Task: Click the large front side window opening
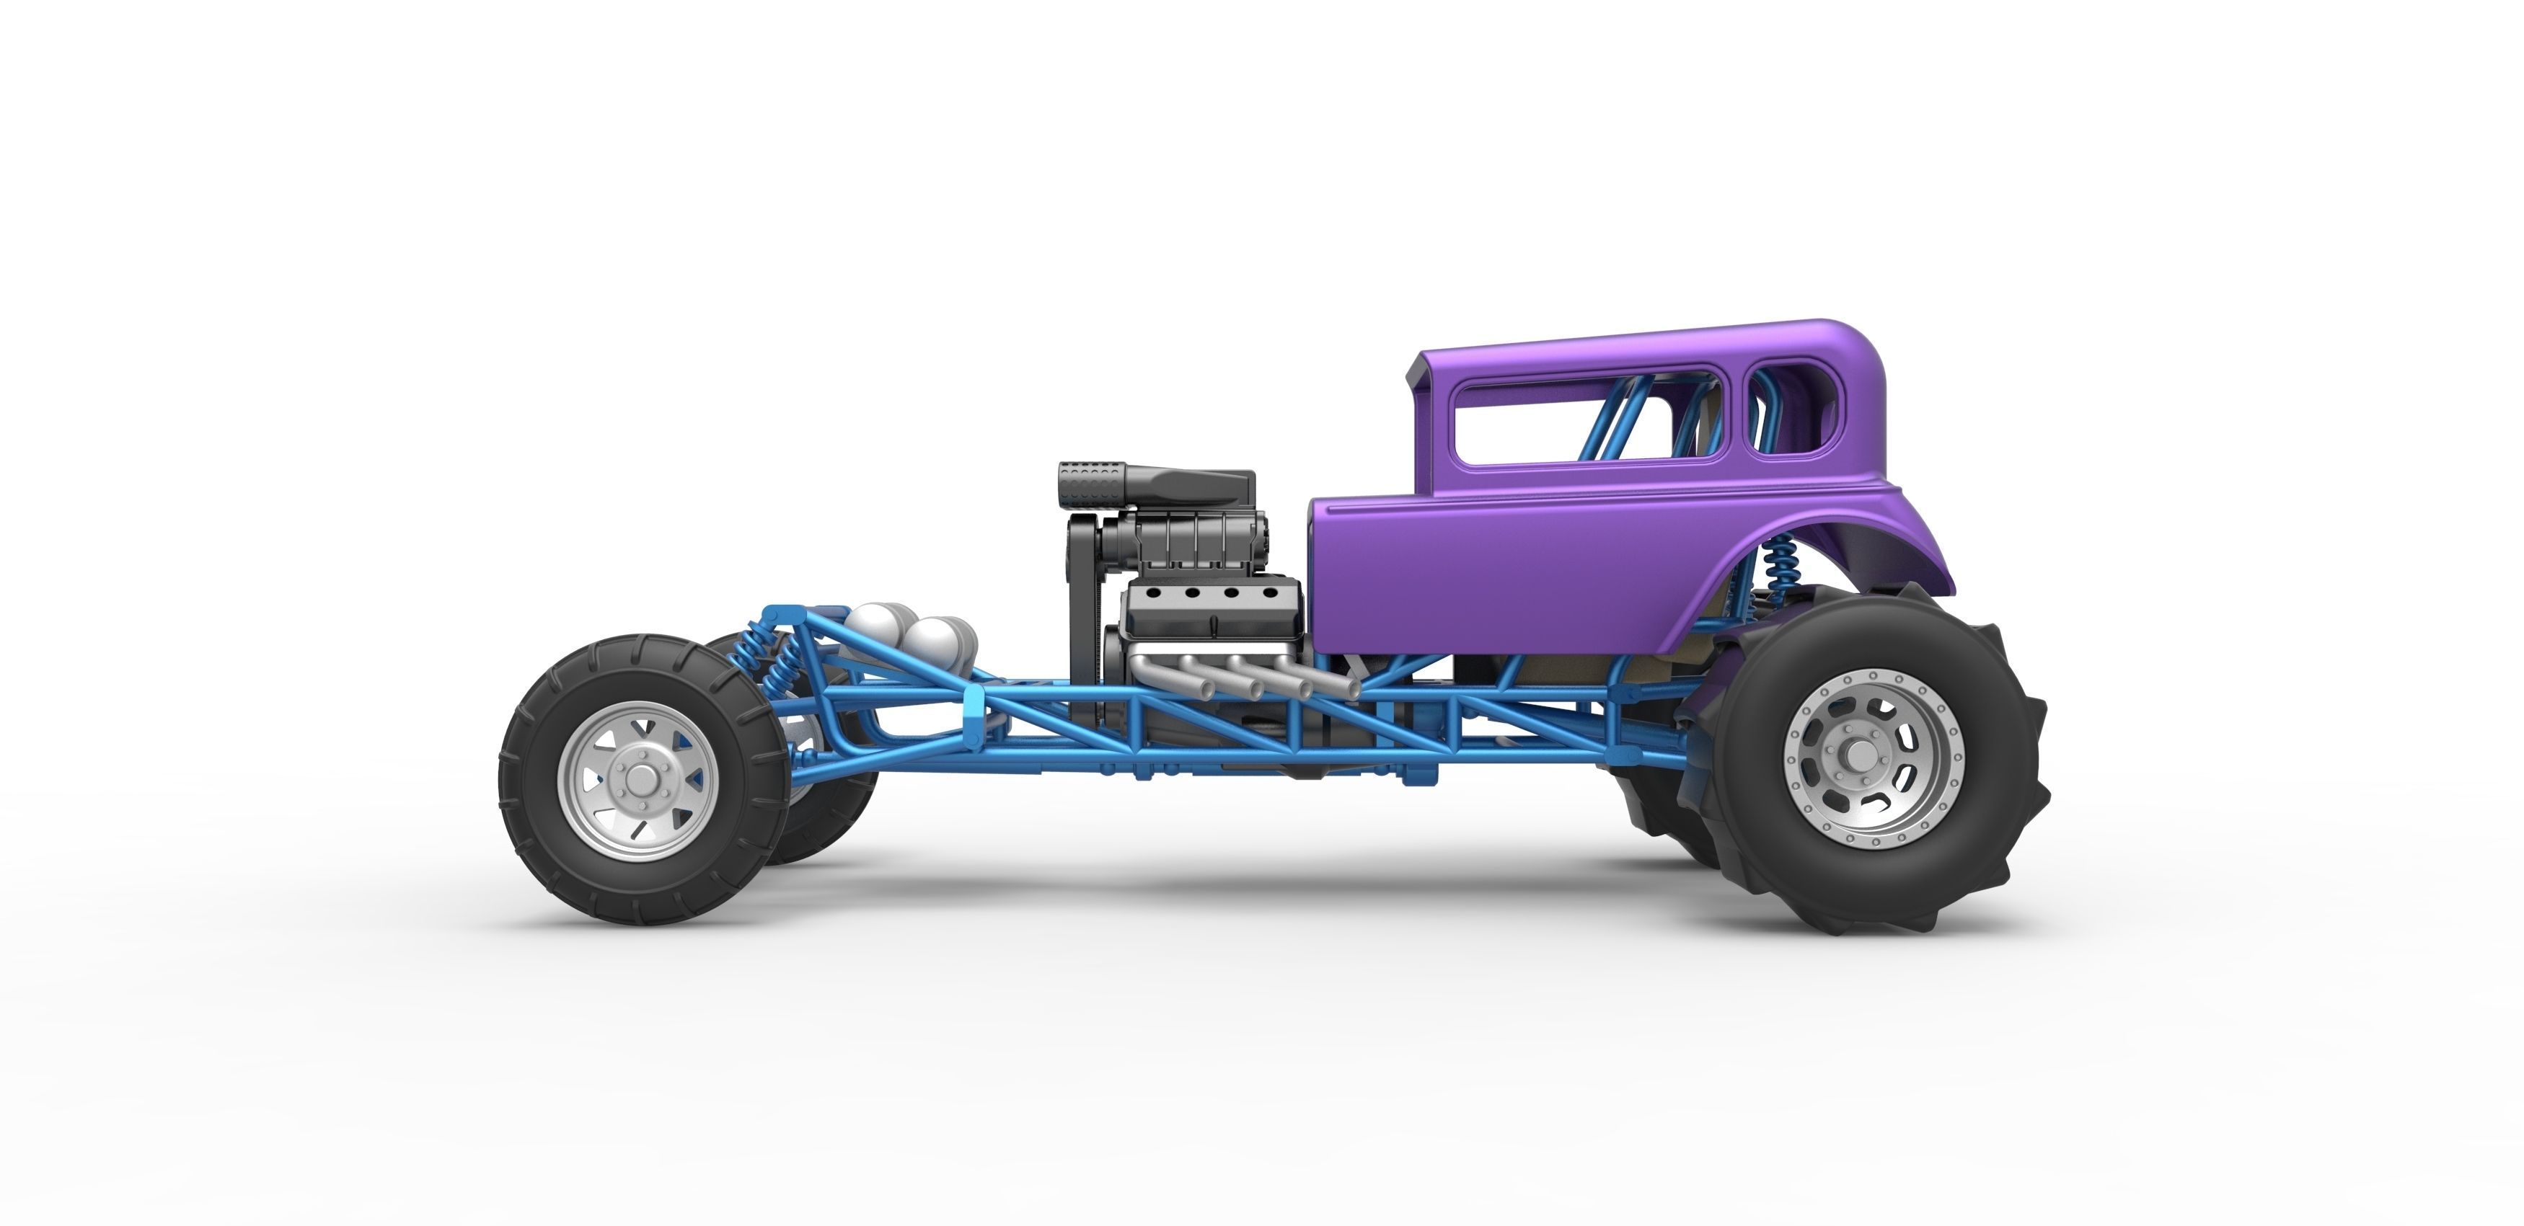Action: click(1587, 423)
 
